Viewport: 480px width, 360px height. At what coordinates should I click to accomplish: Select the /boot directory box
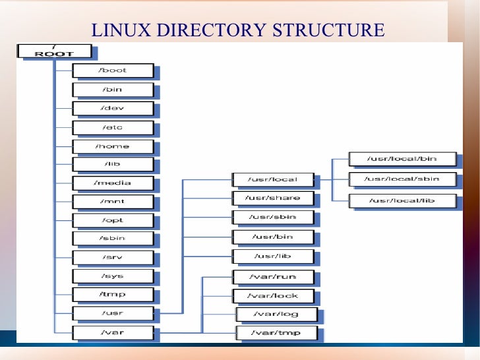[113, 71]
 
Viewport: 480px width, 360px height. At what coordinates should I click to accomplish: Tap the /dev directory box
[113, 108]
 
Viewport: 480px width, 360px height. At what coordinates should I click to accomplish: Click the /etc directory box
[113, 127]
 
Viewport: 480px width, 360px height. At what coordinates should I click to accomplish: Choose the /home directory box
[113, 146]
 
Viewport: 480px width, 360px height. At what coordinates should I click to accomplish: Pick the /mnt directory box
[113, 202]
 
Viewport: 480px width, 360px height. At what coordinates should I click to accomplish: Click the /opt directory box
[113, 220]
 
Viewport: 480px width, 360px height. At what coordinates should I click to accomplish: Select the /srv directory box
[113, 257]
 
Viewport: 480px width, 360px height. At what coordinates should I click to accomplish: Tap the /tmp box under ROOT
[113, 295]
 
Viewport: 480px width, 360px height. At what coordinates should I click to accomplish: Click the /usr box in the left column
[113, 314]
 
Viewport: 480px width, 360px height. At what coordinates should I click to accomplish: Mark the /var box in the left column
[113, 333]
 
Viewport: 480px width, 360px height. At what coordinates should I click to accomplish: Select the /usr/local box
[273, 179]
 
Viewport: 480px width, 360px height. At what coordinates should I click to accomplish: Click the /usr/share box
[273, 198]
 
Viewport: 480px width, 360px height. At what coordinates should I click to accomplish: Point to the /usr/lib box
[273, 256]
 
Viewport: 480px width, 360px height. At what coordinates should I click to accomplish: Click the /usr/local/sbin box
[402, 179]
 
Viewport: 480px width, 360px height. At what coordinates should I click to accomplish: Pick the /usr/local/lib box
[402, 200]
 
